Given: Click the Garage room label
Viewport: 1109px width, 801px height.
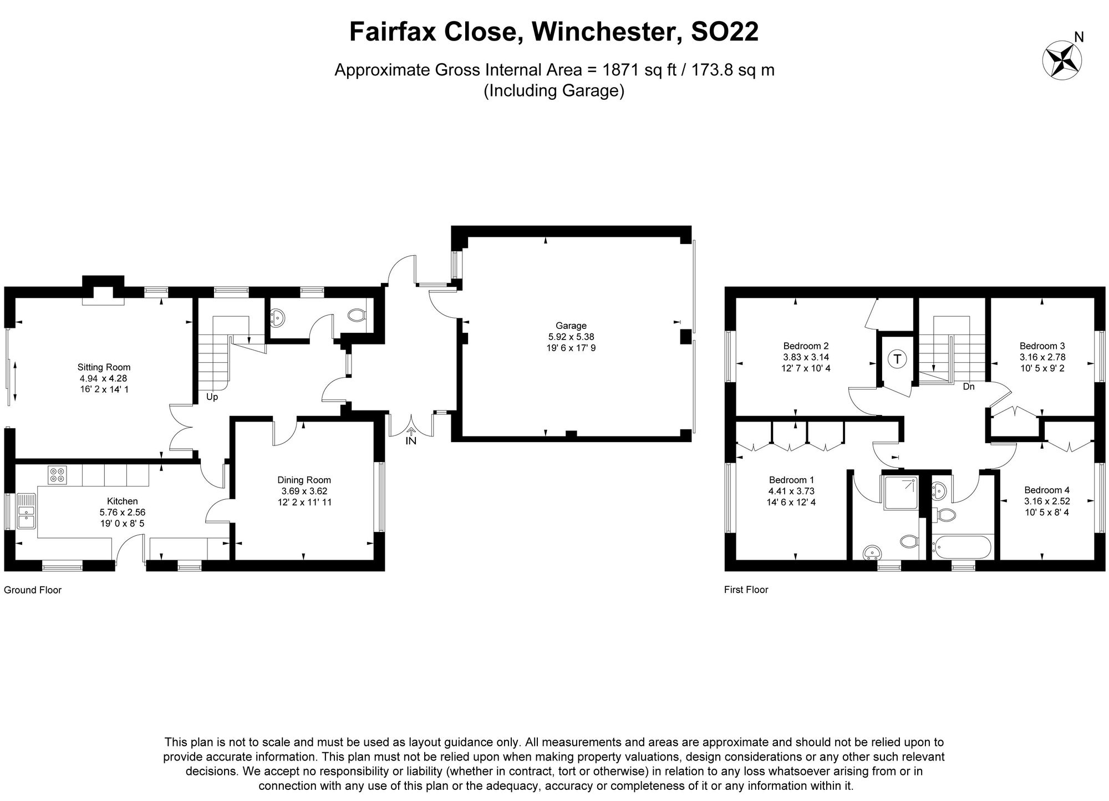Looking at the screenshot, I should click(x=571, y=326).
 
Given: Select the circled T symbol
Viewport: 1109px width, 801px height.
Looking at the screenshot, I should click(x=897, y=358).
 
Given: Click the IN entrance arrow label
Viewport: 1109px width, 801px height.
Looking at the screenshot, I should click(x=411, y=441).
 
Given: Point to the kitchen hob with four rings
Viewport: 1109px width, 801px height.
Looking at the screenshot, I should click(x=58, y=475).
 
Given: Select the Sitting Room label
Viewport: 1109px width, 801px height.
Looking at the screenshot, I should click(x=104, y=367).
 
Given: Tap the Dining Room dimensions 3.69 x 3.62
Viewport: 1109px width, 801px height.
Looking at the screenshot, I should click(x=304, y=491).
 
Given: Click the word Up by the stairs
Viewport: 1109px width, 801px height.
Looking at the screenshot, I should click(x=212, y=397).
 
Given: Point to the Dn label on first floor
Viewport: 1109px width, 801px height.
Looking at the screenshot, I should click(x=968, y=387).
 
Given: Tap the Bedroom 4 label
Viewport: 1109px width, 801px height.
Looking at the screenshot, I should click(x=1046, y=490).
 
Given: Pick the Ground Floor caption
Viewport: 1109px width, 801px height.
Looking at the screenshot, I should click(x=33, y=590).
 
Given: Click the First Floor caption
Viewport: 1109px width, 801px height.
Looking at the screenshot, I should click(x=746, y=590).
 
